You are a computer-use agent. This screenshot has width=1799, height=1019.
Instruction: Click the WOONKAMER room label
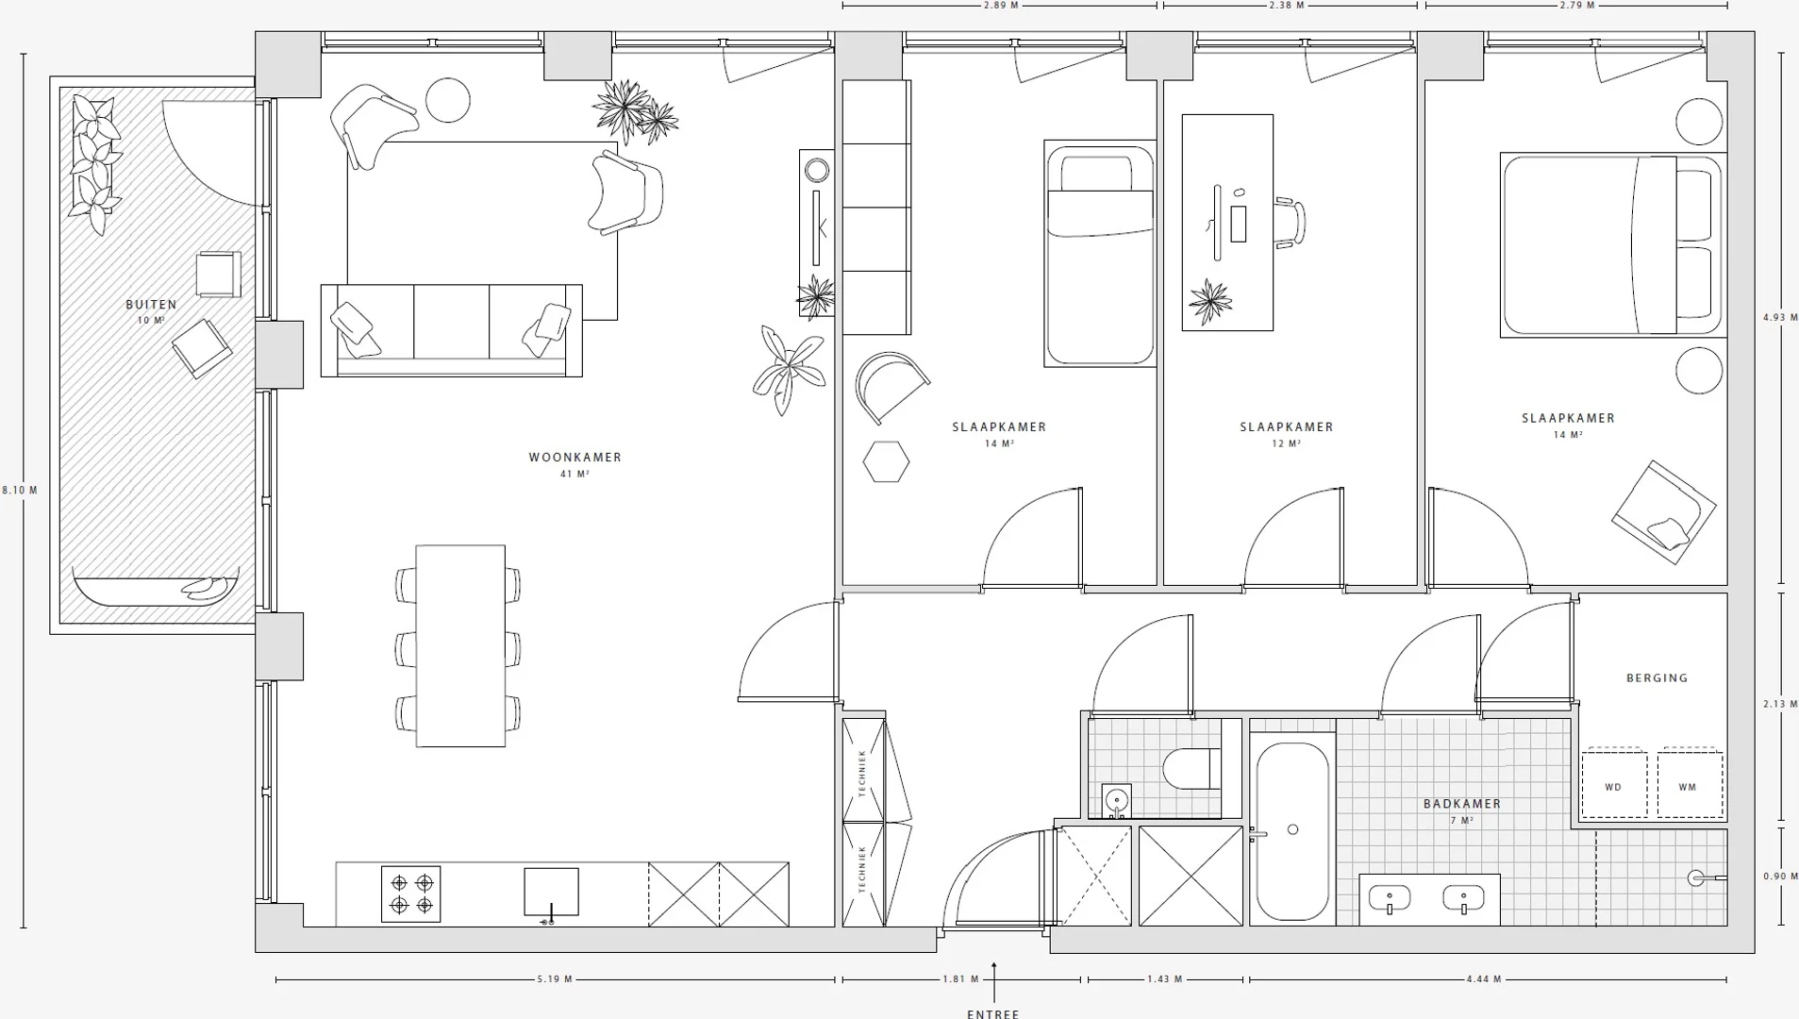[x=575, y=458]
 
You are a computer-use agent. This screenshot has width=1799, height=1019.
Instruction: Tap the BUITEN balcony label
[x=151, y=305]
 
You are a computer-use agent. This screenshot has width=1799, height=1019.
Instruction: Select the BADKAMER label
[x=1462, y=804]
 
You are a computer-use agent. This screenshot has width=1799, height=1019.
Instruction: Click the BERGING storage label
[x=1657, y=677]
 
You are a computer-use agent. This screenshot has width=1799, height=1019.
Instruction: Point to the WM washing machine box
[x=1690, y=784]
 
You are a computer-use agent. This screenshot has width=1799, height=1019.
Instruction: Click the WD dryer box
[x=1614, y=784]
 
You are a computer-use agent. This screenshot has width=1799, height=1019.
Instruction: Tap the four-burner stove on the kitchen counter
[x=411, y=894]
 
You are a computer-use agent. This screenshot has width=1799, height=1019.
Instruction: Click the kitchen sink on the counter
[x=551, y=893]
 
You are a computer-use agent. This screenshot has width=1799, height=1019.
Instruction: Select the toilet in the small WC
[x=1192, y=769]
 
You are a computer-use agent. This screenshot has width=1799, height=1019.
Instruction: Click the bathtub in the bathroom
[x=1292, y=830]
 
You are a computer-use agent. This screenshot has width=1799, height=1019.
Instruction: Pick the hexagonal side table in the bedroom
[x=886, y=461]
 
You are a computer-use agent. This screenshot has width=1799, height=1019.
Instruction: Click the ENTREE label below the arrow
[x=993, y=1013]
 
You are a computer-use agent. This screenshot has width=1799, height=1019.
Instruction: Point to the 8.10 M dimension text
[x=20, y=491]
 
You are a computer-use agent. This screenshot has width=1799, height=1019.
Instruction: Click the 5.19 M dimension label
[x=555, y=979]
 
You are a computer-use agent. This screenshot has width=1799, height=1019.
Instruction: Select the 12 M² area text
[x=1287, y=443]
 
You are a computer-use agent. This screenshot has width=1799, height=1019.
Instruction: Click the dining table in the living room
[x=460, y=645]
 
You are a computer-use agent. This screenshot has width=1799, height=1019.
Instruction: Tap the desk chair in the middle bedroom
[x=1290, y=223]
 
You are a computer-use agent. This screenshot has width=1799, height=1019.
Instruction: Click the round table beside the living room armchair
[x=448, y=99]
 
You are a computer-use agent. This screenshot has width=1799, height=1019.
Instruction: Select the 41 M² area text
[x=575, y=475]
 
